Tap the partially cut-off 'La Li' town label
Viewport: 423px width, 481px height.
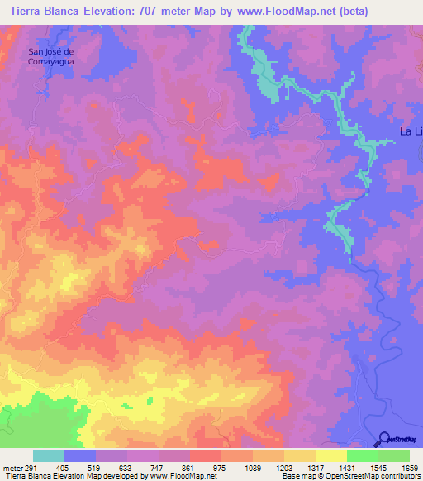click(x=411, y=131)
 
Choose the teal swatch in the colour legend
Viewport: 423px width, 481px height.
click(x=49, y=455)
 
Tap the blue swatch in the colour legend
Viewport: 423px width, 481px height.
click(x=80, y=455)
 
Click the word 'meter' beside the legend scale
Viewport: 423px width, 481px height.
click(x=12, y=467)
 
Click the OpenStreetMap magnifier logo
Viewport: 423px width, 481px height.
click(x=385, y=439)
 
